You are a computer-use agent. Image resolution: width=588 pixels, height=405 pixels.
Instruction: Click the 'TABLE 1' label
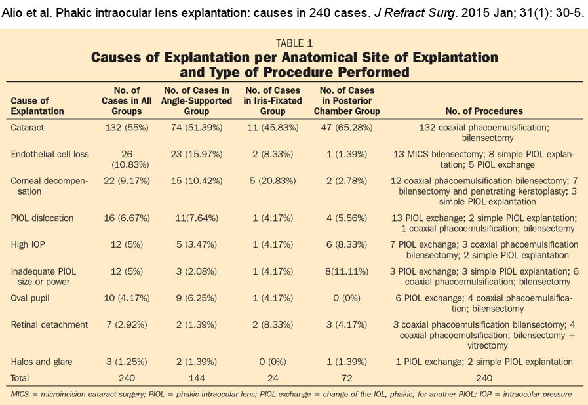pos(294,43)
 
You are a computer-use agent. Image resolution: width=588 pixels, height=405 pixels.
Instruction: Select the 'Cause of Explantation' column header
pos(37,106)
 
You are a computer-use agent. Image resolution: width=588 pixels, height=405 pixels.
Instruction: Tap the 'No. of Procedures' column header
pos(484,111)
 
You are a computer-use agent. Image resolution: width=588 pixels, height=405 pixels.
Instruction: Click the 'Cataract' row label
pos(28,128)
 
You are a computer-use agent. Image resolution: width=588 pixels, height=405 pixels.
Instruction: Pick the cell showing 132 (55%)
pos(121,128)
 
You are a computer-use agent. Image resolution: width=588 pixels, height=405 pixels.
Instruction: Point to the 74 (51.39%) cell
pos(197,128)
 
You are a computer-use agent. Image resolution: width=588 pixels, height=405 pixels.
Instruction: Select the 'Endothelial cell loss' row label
pos(49,153)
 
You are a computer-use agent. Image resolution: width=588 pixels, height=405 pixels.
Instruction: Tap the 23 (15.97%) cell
pos(197,153)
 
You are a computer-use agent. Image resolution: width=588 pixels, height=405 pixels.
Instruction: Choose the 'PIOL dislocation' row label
pos(43,218)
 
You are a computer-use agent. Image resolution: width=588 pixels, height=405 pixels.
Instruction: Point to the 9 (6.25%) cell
pos(197,298)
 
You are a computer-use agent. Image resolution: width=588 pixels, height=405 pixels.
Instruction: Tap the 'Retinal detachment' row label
pos(49,324)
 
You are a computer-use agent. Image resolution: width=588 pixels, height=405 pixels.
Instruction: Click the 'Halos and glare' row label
pos(42,362)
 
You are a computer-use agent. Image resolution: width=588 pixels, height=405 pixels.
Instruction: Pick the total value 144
pos(197,378)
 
